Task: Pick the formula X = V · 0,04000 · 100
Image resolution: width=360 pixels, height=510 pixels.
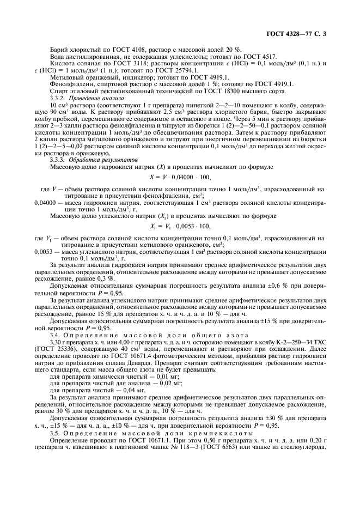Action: (x=180, y=177)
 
